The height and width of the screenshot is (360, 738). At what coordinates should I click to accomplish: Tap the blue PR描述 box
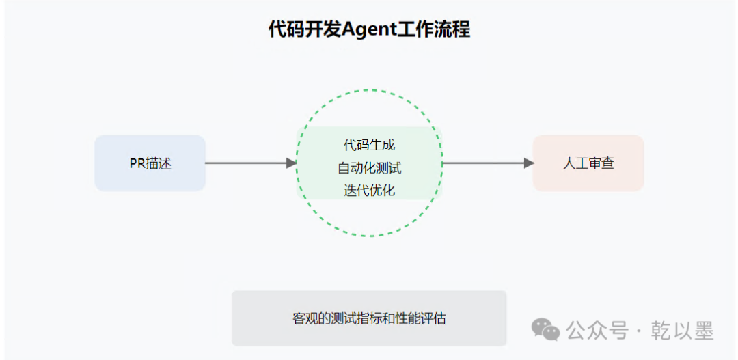click(x=150, y=163)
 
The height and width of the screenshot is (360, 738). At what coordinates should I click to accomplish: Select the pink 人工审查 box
click(x=588, y=163)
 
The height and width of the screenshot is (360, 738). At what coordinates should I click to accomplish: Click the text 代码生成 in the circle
click(x=369, y=145)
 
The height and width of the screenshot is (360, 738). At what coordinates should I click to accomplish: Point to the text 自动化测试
click(x=369, y=168)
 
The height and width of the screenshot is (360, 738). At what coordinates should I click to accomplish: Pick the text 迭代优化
click(x=369, y=191)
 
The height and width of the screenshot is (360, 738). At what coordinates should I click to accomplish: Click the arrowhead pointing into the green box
click(x=292, y=163)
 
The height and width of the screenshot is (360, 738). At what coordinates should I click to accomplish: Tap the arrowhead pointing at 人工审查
click(x=529, y=163)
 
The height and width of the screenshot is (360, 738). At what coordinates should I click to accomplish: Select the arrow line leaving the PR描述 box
click(x=246, y=163)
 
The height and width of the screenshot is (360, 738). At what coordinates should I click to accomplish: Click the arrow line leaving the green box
click(x=485, y=163)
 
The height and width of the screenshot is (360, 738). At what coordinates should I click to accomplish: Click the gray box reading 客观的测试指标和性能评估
click(x=369, y=318)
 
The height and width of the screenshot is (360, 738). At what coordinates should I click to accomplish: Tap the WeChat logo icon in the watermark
click(x=545, y=331)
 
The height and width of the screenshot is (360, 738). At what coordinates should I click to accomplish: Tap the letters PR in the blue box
click(x=137, y=164)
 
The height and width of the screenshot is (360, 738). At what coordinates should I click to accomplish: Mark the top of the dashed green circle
click(x=369, y=89)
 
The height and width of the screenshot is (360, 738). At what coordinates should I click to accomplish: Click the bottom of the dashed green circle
click(x=369, y=236)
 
